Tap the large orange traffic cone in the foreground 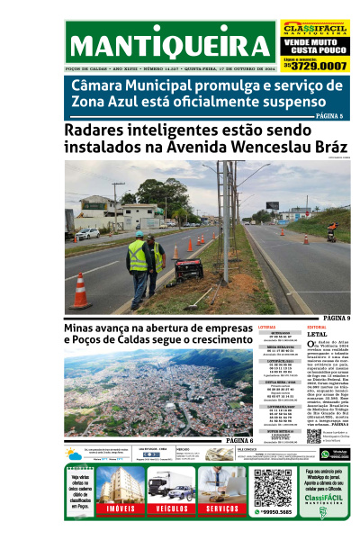[80, 292]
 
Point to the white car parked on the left [88, 233]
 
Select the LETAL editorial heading [317, 333]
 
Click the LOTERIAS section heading [268, 327]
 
